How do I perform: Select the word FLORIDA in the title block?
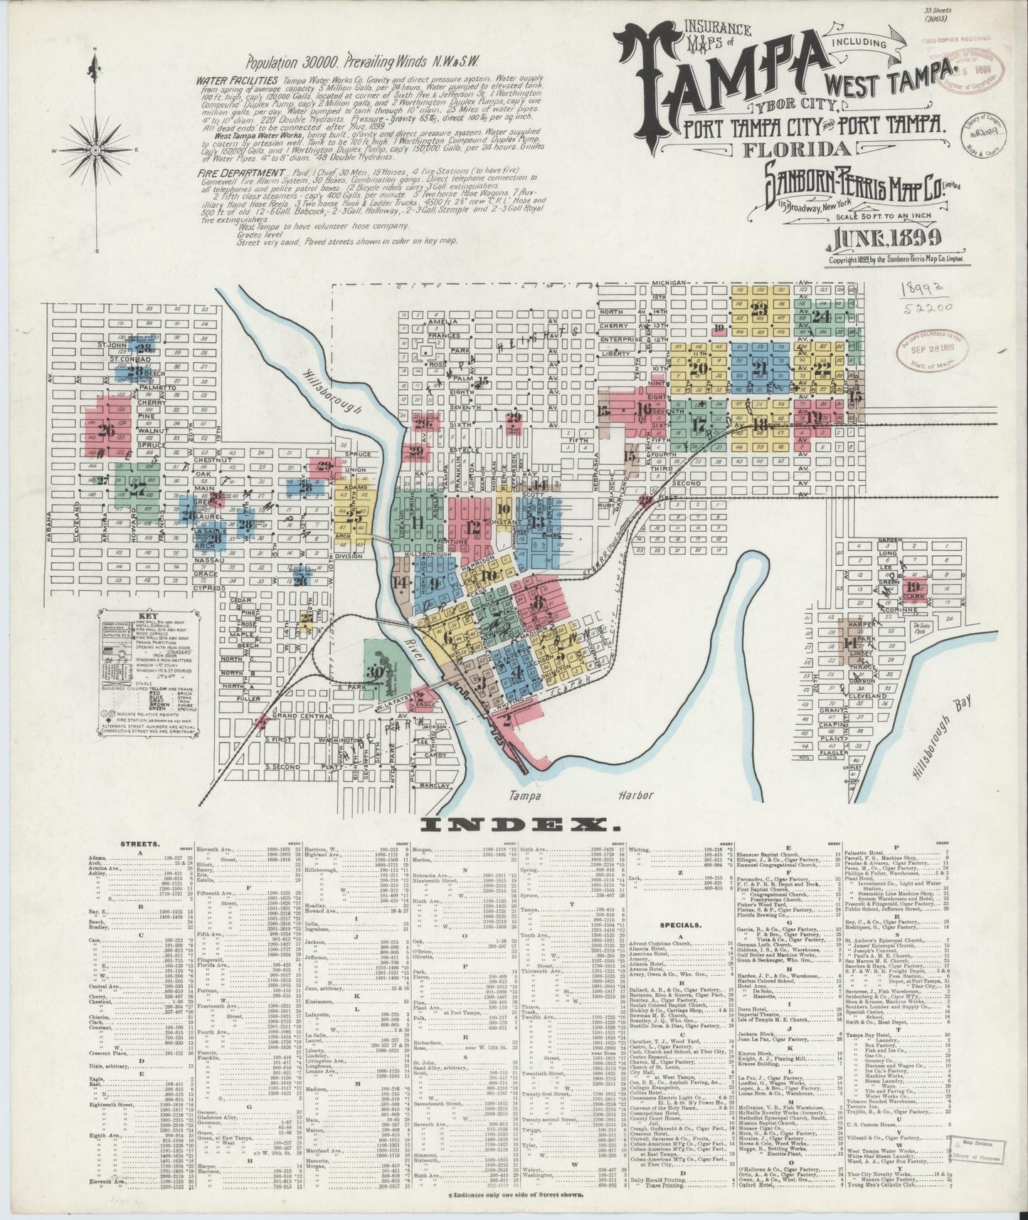800,149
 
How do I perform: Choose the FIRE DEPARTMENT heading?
240,174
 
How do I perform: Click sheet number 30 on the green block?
376,671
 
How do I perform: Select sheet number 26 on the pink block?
108,430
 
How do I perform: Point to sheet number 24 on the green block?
822,316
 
